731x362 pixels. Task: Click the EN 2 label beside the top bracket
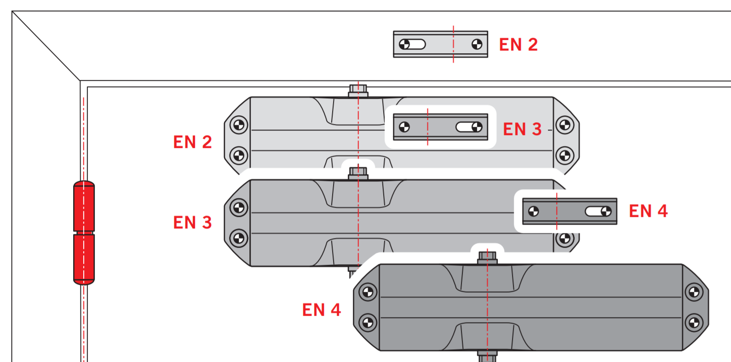[x=518, y=45]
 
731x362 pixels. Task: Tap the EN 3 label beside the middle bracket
[x=522, y=129]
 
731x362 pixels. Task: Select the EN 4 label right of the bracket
[x=648, y=211]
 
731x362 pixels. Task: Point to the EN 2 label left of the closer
[x=192, y=142]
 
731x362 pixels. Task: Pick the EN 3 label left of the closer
[x=192, y=222]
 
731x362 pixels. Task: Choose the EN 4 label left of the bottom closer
[x=321, y=310]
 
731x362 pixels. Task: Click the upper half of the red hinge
[x=84, y=206]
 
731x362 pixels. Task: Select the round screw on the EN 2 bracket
[x=477, y=44]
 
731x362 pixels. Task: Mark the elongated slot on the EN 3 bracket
[x=469, y=127]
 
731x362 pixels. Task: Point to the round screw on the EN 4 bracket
[x=533, y=211]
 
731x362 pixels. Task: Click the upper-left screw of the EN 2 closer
[x=239, y=125]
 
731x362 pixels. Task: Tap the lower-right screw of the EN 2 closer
[x=564, y=155]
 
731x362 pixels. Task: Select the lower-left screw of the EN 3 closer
[x=239, y=238]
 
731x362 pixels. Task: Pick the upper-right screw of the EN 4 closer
[x=694, y=292]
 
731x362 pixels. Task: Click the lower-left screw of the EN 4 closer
[x=368, y=322]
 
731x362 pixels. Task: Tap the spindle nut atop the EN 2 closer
[x=358, y=90]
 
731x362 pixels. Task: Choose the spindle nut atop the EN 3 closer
[x=358, y=173]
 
